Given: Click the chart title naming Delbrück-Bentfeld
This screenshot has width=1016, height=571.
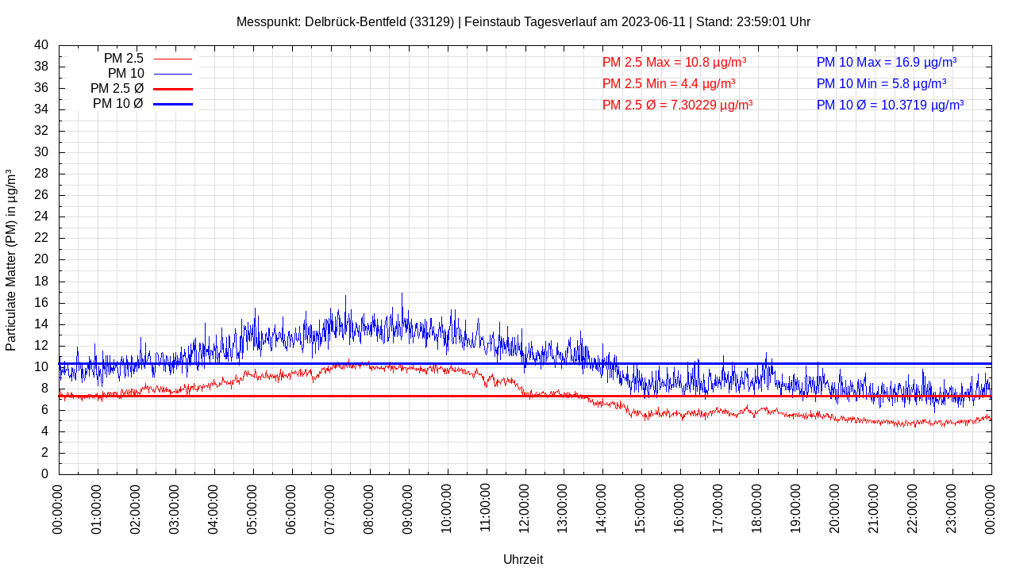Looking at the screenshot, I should (523, 22).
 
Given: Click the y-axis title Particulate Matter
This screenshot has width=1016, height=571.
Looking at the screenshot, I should (11, 259).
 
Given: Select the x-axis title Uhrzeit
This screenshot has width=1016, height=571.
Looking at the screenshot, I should (523, 559).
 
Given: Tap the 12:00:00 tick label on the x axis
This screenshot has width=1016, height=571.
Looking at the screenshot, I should (525, 508).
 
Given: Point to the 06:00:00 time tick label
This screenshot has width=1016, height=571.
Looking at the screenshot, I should (292, 508).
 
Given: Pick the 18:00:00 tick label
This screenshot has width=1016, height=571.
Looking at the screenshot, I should (758, 508).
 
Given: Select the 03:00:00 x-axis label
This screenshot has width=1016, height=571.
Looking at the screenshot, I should (175, 508).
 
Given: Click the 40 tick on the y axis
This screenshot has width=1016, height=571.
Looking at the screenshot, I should (41, 45).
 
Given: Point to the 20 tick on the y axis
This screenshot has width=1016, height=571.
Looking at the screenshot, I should (41, 259).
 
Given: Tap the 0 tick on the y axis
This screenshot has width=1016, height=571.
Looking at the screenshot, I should (44, 474).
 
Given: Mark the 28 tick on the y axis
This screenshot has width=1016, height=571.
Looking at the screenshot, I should (41, 174).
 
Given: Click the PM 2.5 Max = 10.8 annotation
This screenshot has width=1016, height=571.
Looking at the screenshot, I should (674, 62).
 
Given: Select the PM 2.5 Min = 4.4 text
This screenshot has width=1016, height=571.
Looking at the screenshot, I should (668, 83).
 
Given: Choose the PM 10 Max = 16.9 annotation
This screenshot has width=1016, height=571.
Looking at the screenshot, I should (886, 62).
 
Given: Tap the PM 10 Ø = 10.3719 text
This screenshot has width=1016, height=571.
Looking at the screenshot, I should (890, 105).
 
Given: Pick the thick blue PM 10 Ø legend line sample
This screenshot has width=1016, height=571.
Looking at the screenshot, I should (172, 104).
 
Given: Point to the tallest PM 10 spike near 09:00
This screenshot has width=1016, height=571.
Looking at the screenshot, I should (402, 295).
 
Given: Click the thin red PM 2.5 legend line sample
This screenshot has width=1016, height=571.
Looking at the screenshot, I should (172, 59).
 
